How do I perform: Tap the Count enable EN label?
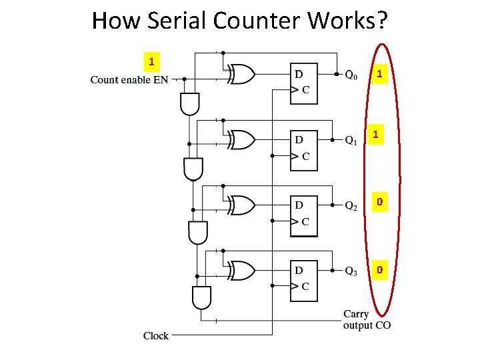pyautogui.click(x=129, y=80)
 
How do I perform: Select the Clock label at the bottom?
pyautogui.click(x=156, y=335)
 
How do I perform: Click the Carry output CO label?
pyautogui.click(x=367, y=319)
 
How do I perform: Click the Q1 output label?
pyautogui.click(x=351, y=141)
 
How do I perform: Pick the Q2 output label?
pyautogui.click(x=351, y=206)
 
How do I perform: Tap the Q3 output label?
pyautogui.click(x=351, y=271)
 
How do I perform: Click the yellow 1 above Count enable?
pyautogui.click(x=152, y=62)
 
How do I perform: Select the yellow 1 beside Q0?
pyautogui.click(x=379, y=74)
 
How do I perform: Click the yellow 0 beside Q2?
pyautogui.click(x=379, y=201)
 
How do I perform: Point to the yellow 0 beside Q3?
pyautogui.click(x=379, y=270)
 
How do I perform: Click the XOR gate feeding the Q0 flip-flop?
pyautogui.click(x=241, y=75)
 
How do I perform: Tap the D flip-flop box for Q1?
pyautogui.click(x=304, y=149)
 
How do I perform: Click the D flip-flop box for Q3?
pyautogui.click(x=304, y=279)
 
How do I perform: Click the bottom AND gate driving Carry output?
pyautogui.click(x=201, y=297)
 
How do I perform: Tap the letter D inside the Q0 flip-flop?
pyautogui.click(x=299, y=73)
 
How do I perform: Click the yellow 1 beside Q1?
pyautogui.click(x=377, y=135)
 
